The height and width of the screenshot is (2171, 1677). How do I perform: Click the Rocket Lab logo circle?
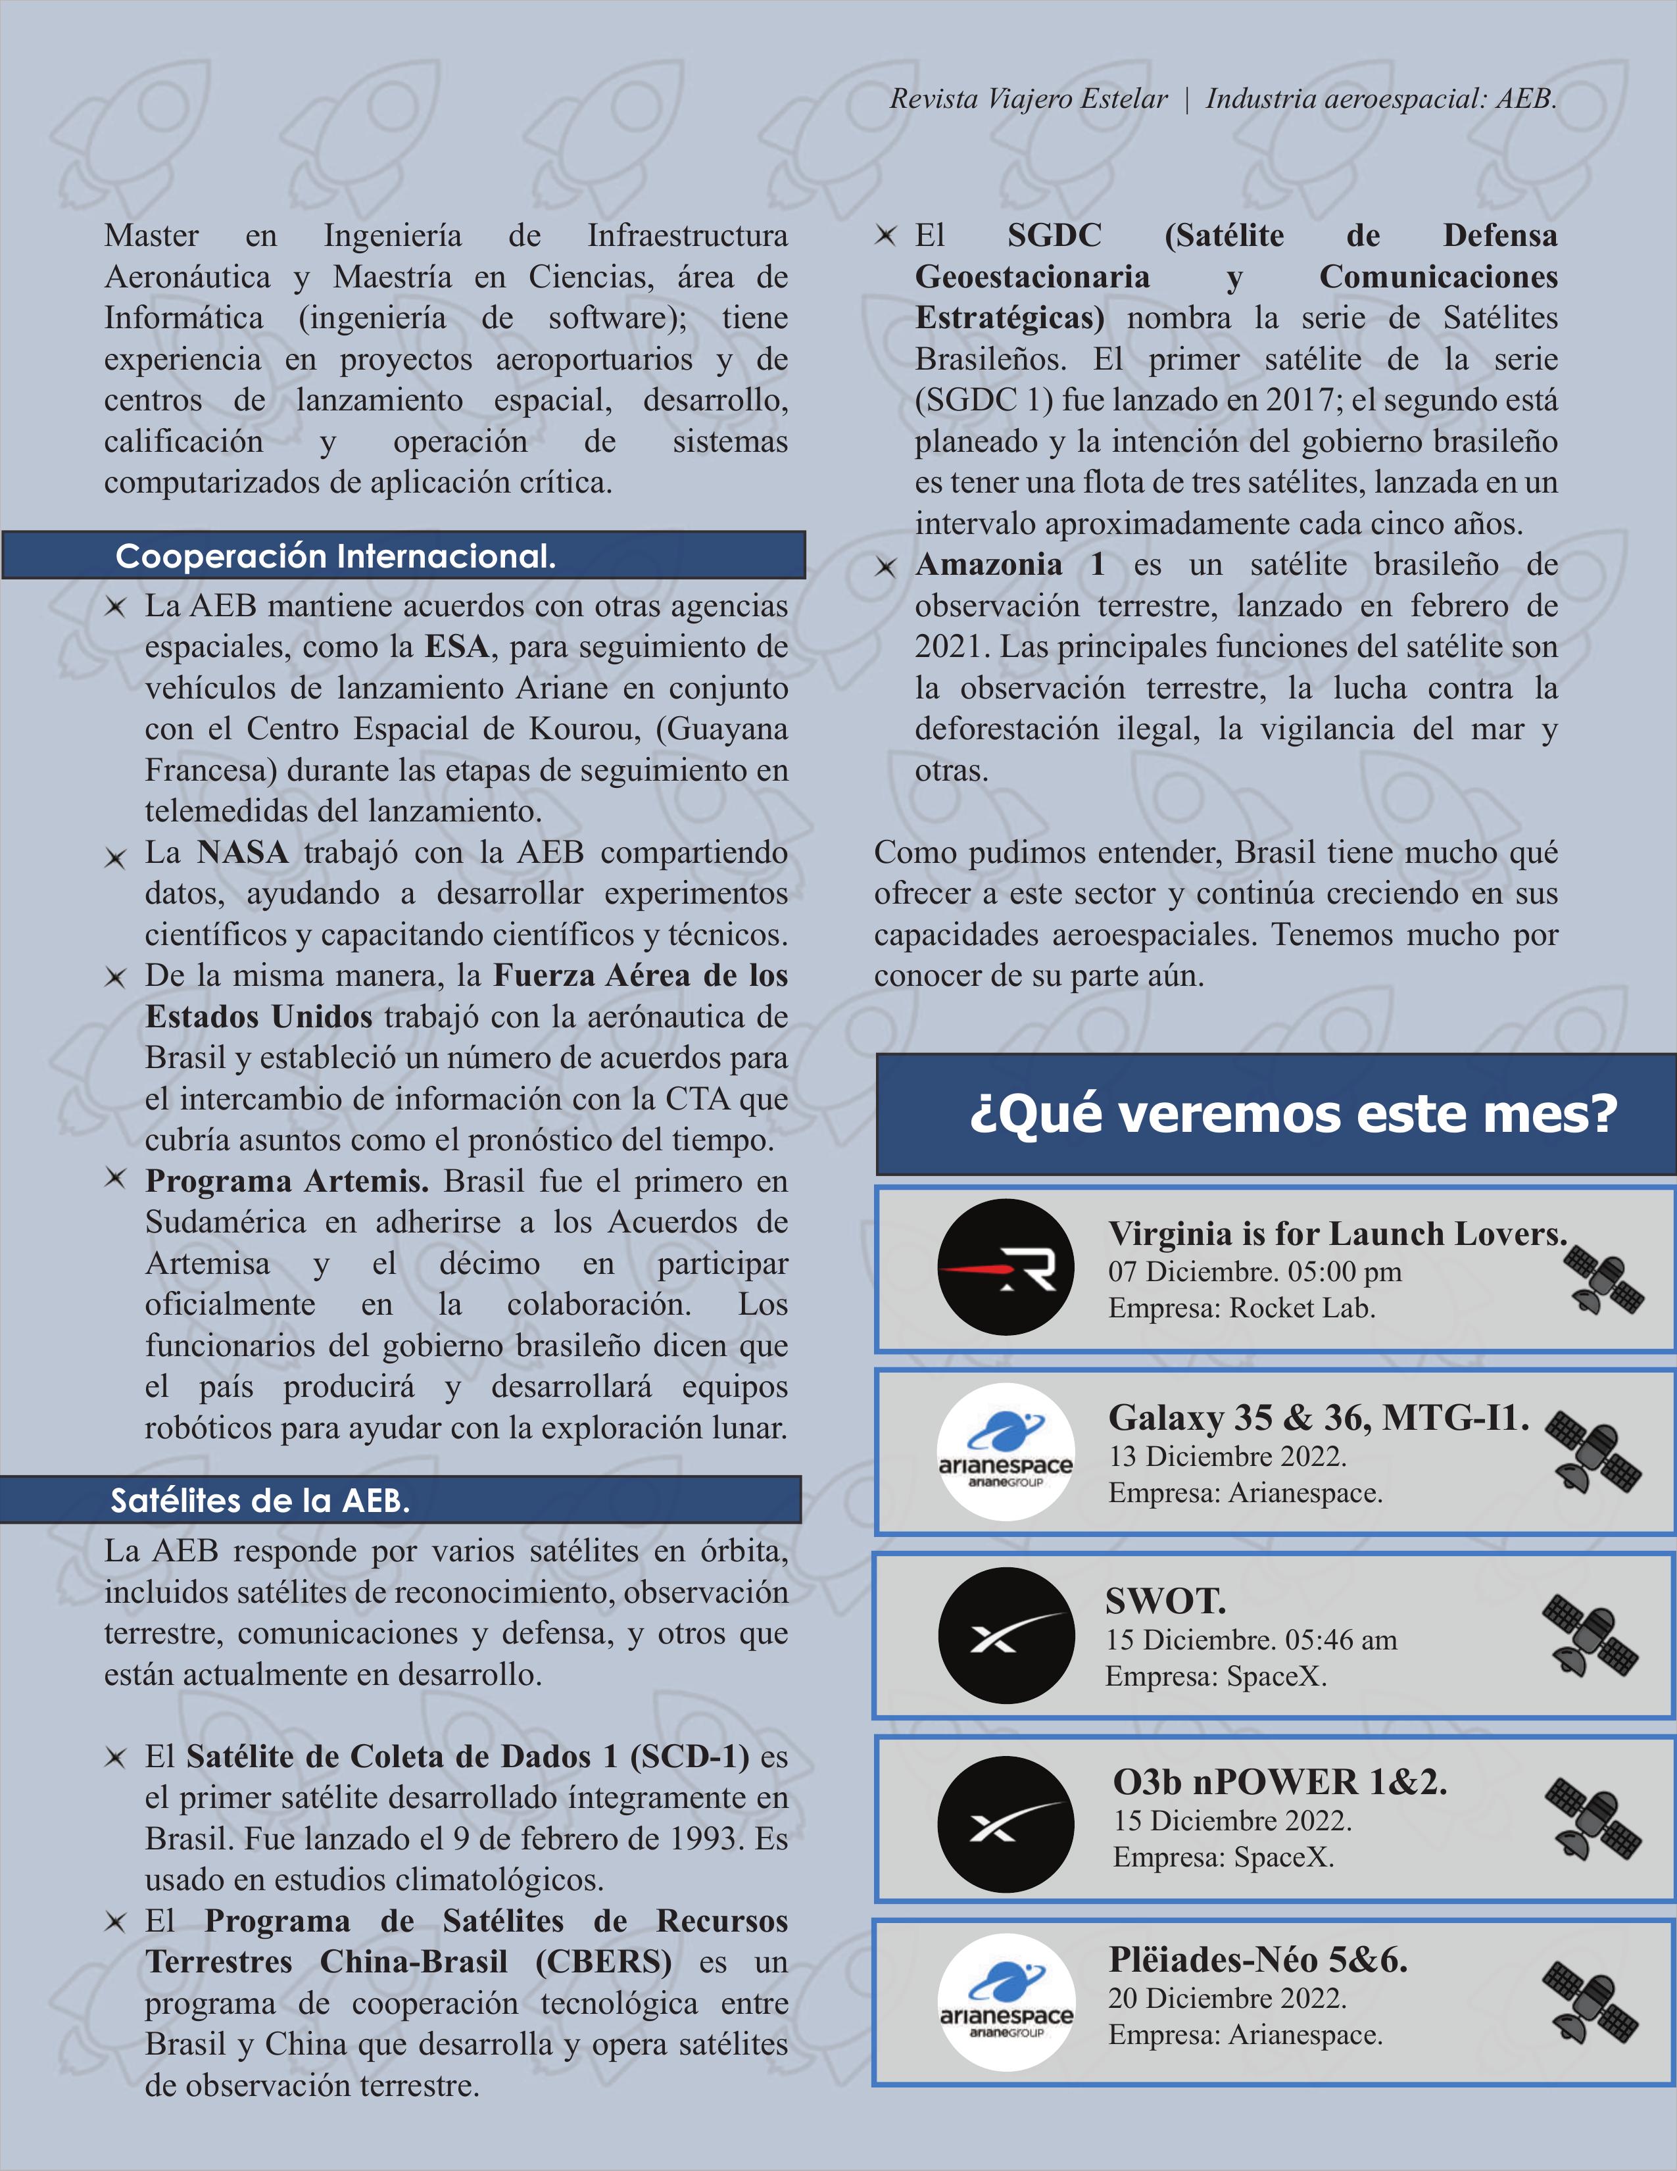click(1006, 1267)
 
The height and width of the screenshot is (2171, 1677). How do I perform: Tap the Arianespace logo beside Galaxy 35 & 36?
click(1006, 1451)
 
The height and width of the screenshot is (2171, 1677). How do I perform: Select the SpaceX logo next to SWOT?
click(1006, 1635)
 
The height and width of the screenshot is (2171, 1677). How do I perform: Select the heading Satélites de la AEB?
click(260, 1500)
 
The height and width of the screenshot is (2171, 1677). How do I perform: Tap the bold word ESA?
click(456, 647)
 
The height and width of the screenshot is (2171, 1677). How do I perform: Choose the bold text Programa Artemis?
click(286, 1181)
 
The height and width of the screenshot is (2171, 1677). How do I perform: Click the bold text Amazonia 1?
click(1010, 565)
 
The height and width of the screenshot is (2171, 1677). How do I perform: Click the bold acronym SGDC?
click(1055, 235)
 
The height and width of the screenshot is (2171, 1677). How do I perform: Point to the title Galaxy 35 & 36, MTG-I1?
click(1318, 1417)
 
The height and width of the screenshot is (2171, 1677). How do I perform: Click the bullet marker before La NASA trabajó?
click(115, 857)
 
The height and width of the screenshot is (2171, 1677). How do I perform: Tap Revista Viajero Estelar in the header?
click(1029, 99)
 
